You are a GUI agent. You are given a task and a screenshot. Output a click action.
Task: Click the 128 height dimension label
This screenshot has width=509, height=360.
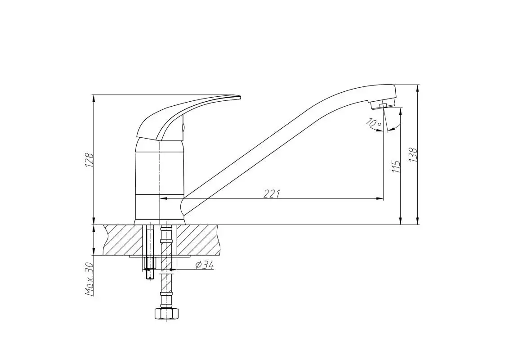pyautogui.click(x=89, y=160)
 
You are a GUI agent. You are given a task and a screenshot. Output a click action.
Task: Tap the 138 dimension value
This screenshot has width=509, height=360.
pyautogui.click(x=413, y=155)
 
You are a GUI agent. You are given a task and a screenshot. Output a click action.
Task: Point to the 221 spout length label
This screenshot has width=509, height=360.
pyautogui.click(x=272, y=193)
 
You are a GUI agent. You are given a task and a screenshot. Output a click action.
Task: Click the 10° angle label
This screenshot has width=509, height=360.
pyautogui.click(x=374, y=123)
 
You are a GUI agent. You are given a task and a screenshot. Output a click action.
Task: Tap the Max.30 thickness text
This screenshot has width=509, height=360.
pyautogui.click(x=89, y=279)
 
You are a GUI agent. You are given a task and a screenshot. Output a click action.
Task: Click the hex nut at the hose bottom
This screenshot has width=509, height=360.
pyautogui.click(x=166, y=314)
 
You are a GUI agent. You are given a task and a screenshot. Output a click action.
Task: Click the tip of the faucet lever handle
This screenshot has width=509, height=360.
pyautogui.click(x=240, y=96)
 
